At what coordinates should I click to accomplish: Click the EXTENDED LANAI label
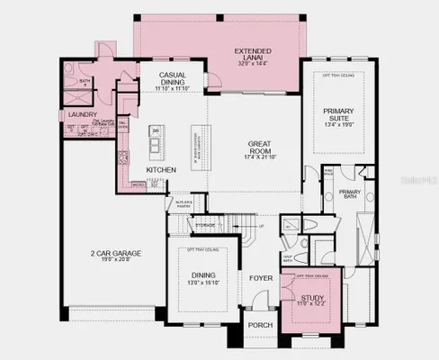[x=253, y=51]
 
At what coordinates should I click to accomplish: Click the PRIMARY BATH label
[x=350, y=193]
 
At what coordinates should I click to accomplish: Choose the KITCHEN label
[x=161, y=169]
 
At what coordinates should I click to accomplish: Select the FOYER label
[x=261, y=278]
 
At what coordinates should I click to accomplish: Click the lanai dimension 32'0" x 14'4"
[x=253, y=64]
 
